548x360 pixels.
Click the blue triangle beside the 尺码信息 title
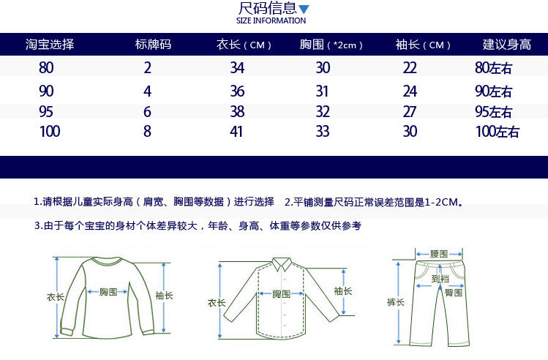point(304,10)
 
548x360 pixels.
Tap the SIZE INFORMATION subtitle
point(271,20)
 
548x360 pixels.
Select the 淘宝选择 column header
point(50,44)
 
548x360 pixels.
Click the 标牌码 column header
point(154,44)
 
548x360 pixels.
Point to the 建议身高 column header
point(506,44)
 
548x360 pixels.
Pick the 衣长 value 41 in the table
point(237,132)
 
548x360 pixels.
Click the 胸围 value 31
point(323,91)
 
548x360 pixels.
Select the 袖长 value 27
point(410,112)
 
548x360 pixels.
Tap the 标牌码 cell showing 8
point(148,132)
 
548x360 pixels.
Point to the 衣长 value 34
point(237,68)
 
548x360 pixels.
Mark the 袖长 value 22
point(410,68)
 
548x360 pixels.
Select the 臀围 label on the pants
point(453,292)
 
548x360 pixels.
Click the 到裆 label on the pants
point(440,278)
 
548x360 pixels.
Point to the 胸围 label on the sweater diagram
point(108,291)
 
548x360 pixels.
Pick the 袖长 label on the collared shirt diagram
point(343,290)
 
